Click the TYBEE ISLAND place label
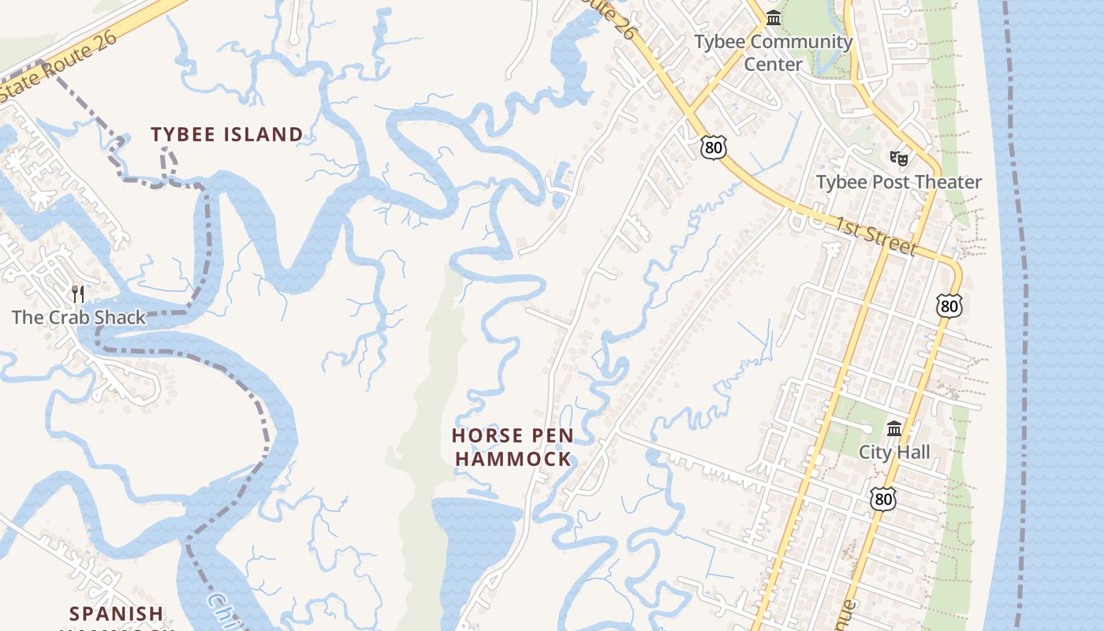[227, 135]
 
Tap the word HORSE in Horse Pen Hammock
[481, 435]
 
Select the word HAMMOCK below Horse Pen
[513, 458]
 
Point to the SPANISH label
[117, 614]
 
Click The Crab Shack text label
[79, 318]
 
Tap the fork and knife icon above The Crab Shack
[78, 294]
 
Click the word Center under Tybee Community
[774, 65]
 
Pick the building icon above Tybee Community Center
[774, 17]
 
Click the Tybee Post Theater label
[899, 182]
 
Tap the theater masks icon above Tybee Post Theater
[897, 158]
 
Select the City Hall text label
[894, 452]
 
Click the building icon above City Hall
[894, 429]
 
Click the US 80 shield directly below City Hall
[883, 498]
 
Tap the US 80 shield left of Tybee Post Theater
[713, 147]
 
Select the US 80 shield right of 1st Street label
[949, 306]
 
